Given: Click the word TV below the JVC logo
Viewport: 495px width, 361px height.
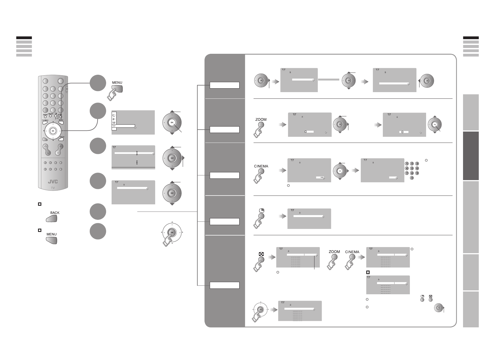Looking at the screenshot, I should click(53, 188).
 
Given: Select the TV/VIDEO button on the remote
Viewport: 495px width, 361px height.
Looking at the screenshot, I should click(45, 123).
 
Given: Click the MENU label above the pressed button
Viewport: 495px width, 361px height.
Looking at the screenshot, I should click(117, 82).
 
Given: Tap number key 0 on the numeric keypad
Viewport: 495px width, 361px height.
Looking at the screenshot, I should click(412, 178).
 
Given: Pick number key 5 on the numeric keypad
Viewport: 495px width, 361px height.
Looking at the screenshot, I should click(412, 168).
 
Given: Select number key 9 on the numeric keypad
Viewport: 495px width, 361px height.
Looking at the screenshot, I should click(417, 173).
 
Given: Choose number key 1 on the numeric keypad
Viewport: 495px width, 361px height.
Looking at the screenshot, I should click(407, 164).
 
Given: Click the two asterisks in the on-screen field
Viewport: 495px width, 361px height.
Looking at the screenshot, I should click(322, 178).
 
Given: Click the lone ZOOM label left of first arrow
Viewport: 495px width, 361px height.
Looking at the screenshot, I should click(261, 119).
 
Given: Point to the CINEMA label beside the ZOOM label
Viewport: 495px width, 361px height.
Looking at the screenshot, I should click(352, 252).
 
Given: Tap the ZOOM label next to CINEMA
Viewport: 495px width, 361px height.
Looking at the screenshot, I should click(334, 252).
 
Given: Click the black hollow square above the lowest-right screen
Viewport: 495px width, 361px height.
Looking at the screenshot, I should click(368, 272).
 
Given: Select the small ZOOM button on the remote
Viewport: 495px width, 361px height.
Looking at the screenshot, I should click(45, 116).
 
